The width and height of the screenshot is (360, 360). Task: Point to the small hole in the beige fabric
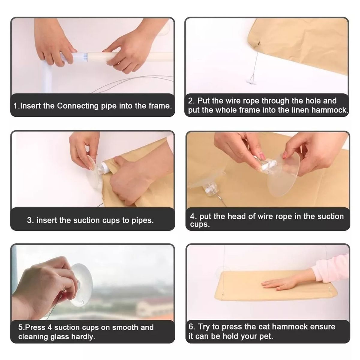point(259,43)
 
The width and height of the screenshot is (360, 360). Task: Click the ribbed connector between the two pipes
point(84,57)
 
